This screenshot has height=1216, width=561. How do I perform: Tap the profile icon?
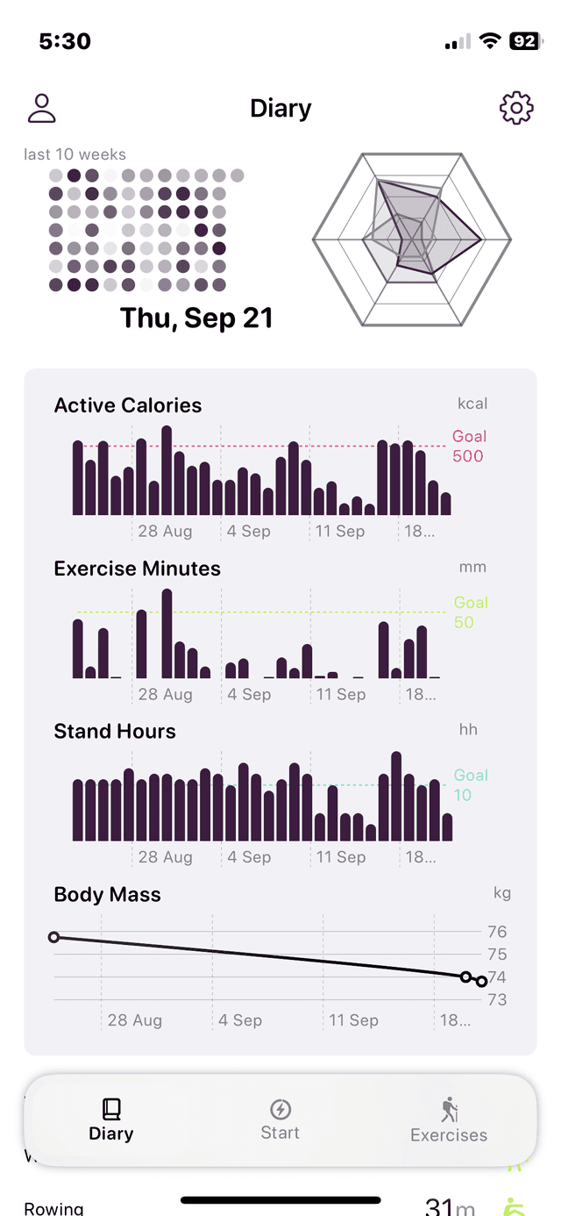41,108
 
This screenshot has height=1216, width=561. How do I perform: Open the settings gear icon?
516,108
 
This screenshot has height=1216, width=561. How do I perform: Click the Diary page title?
280,109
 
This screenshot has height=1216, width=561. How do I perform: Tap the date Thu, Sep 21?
196,318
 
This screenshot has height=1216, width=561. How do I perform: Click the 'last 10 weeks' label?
75,154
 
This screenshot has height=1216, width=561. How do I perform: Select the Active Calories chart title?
128,405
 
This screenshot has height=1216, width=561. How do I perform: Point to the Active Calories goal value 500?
468,456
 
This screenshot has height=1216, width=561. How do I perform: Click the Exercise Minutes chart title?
137,569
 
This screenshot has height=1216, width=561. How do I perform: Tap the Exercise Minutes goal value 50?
464,623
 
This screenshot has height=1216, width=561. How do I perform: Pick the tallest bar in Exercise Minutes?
167,633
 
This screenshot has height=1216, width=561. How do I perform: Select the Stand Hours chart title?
115,732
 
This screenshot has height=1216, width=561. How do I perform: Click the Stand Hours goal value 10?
463,796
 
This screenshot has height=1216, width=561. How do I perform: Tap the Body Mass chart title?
108,895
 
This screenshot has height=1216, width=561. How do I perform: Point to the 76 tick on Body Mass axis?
497,932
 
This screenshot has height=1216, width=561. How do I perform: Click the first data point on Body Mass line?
53,937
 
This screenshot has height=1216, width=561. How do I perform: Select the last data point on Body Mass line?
482,981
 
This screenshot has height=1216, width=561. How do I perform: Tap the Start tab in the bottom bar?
280,1119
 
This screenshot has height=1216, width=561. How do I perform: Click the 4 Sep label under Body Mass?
240,1020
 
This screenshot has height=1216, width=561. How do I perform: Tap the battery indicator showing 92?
524,41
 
